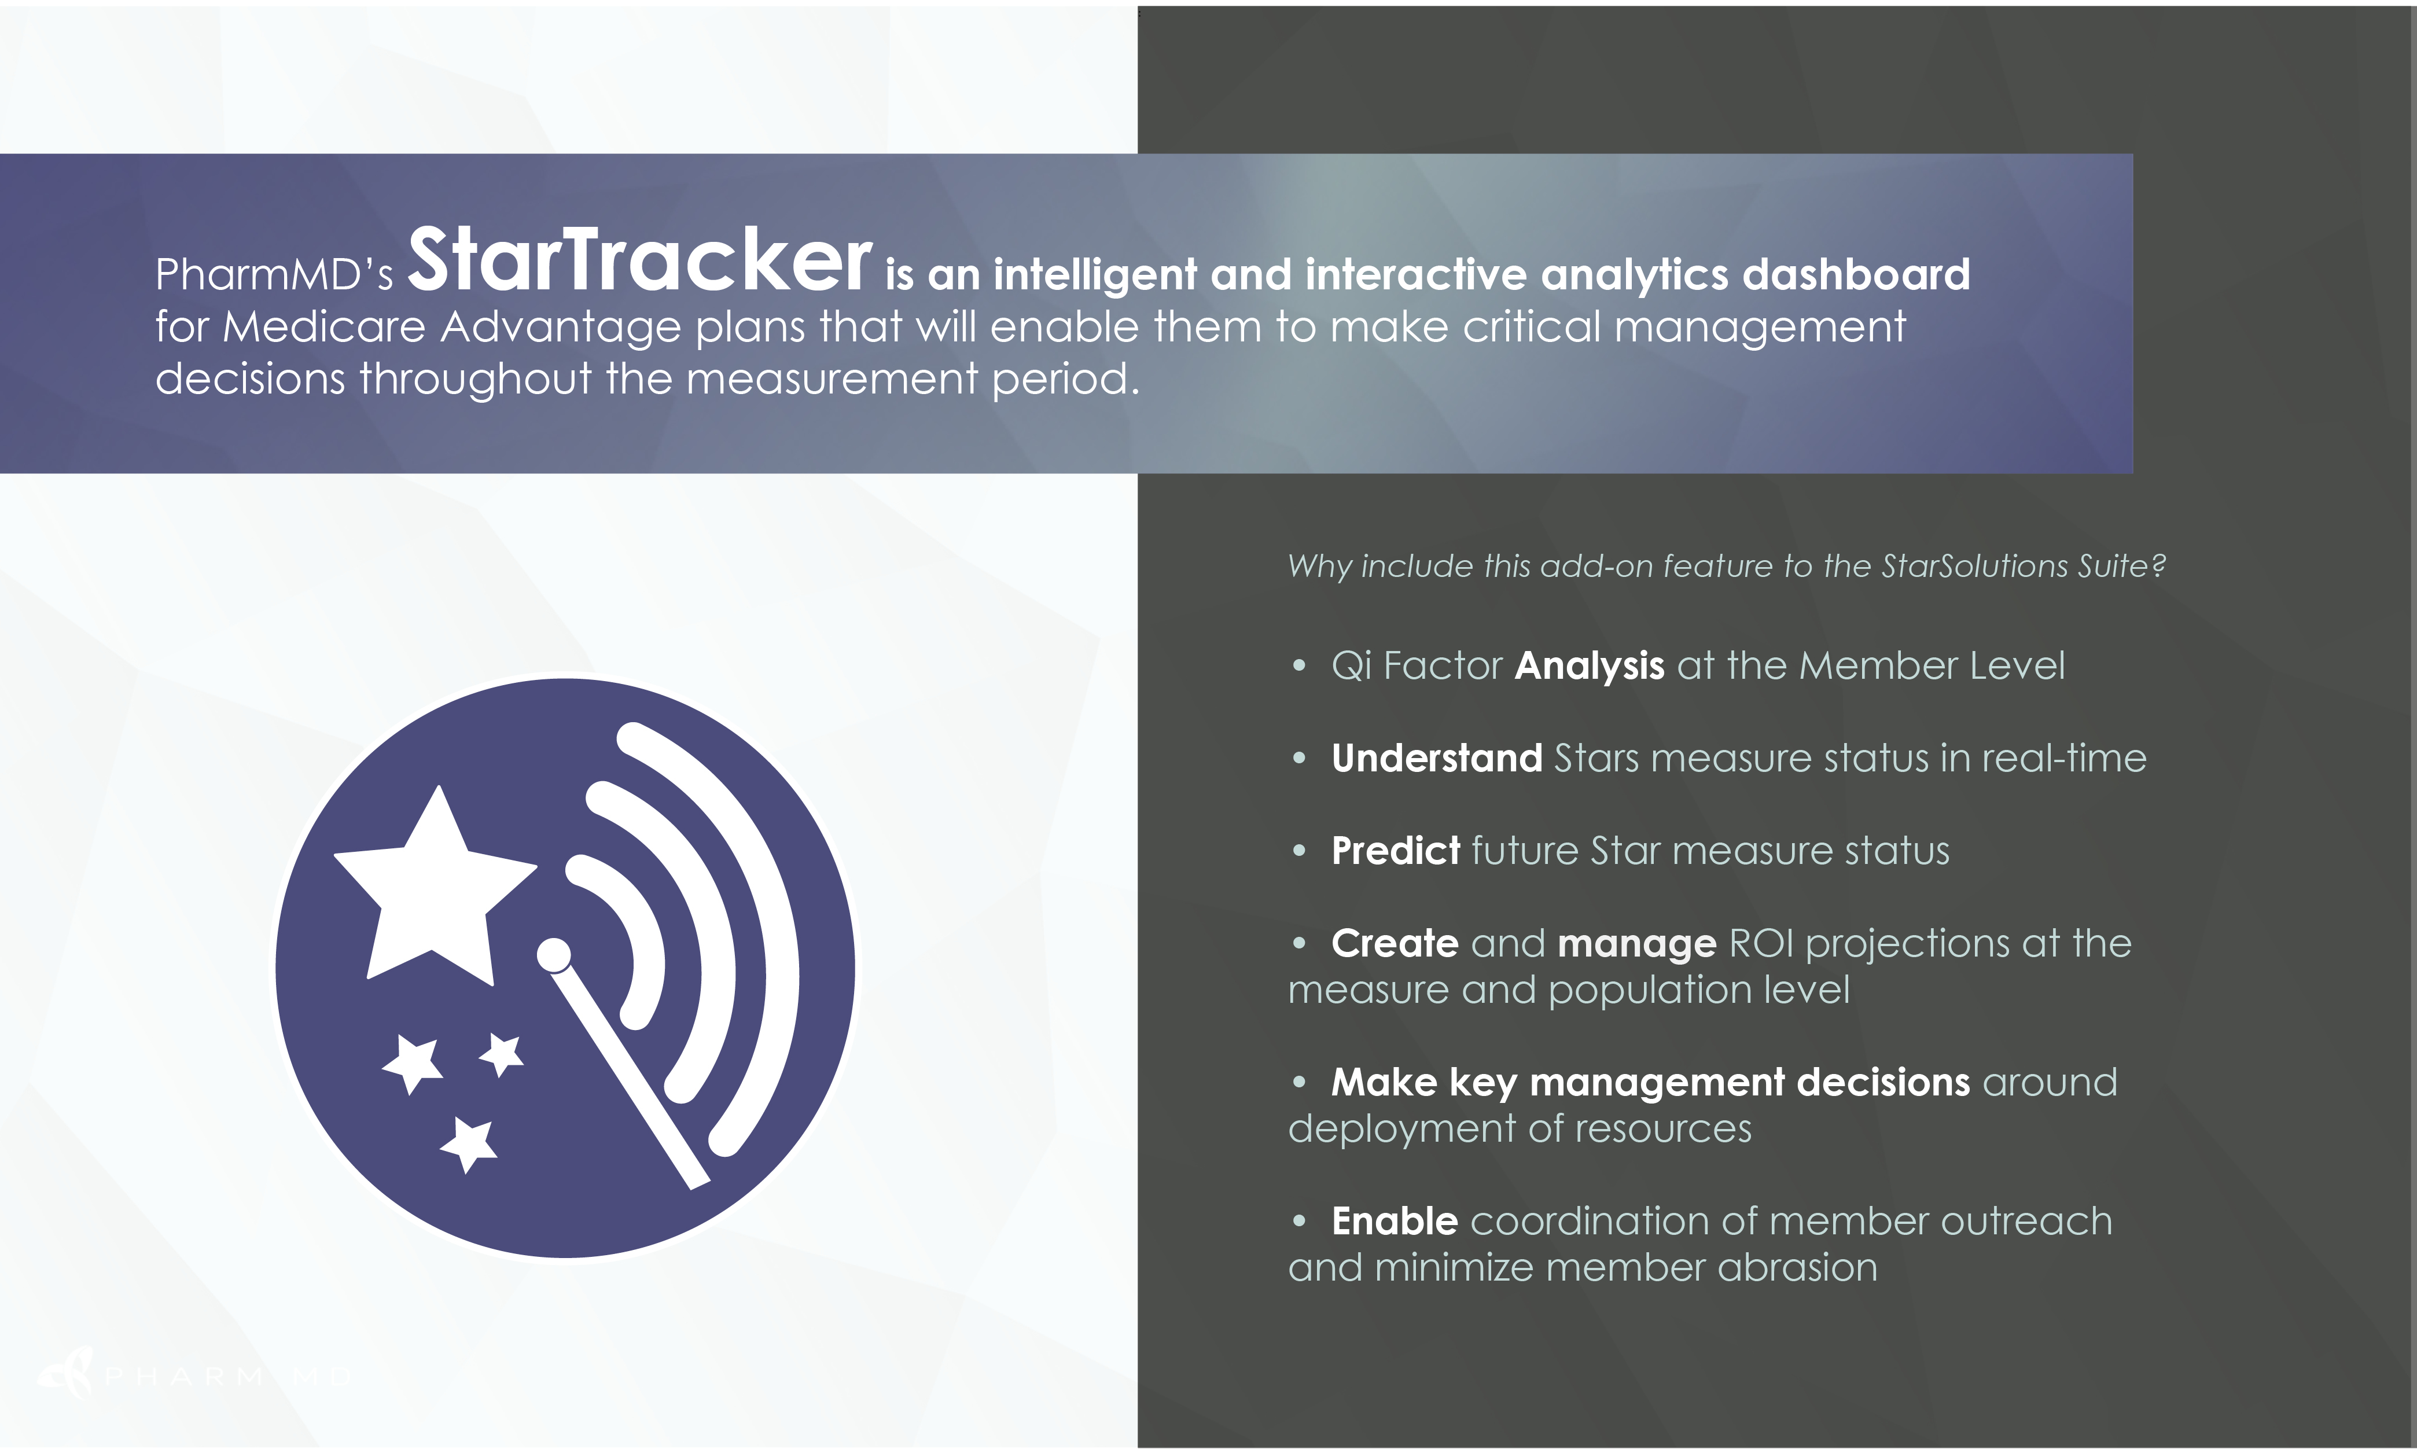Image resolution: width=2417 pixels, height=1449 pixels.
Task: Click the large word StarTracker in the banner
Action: coord(639,260)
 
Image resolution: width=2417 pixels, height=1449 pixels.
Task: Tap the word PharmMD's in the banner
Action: coord(274,274)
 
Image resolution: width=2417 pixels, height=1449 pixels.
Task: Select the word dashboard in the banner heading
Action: coord(1857,274)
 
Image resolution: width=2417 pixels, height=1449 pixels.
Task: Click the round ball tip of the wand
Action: coord(554,955)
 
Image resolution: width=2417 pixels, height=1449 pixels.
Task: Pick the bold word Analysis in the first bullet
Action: coord(1589,666)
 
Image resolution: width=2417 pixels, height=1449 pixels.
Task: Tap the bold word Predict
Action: coord(1396,851)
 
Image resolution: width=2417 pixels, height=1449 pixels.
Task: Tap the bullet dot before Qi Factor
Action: coord(1298,666)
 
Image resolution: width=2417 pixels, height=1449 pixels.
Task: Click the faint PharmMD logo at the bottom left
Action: coord(195,1375)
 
